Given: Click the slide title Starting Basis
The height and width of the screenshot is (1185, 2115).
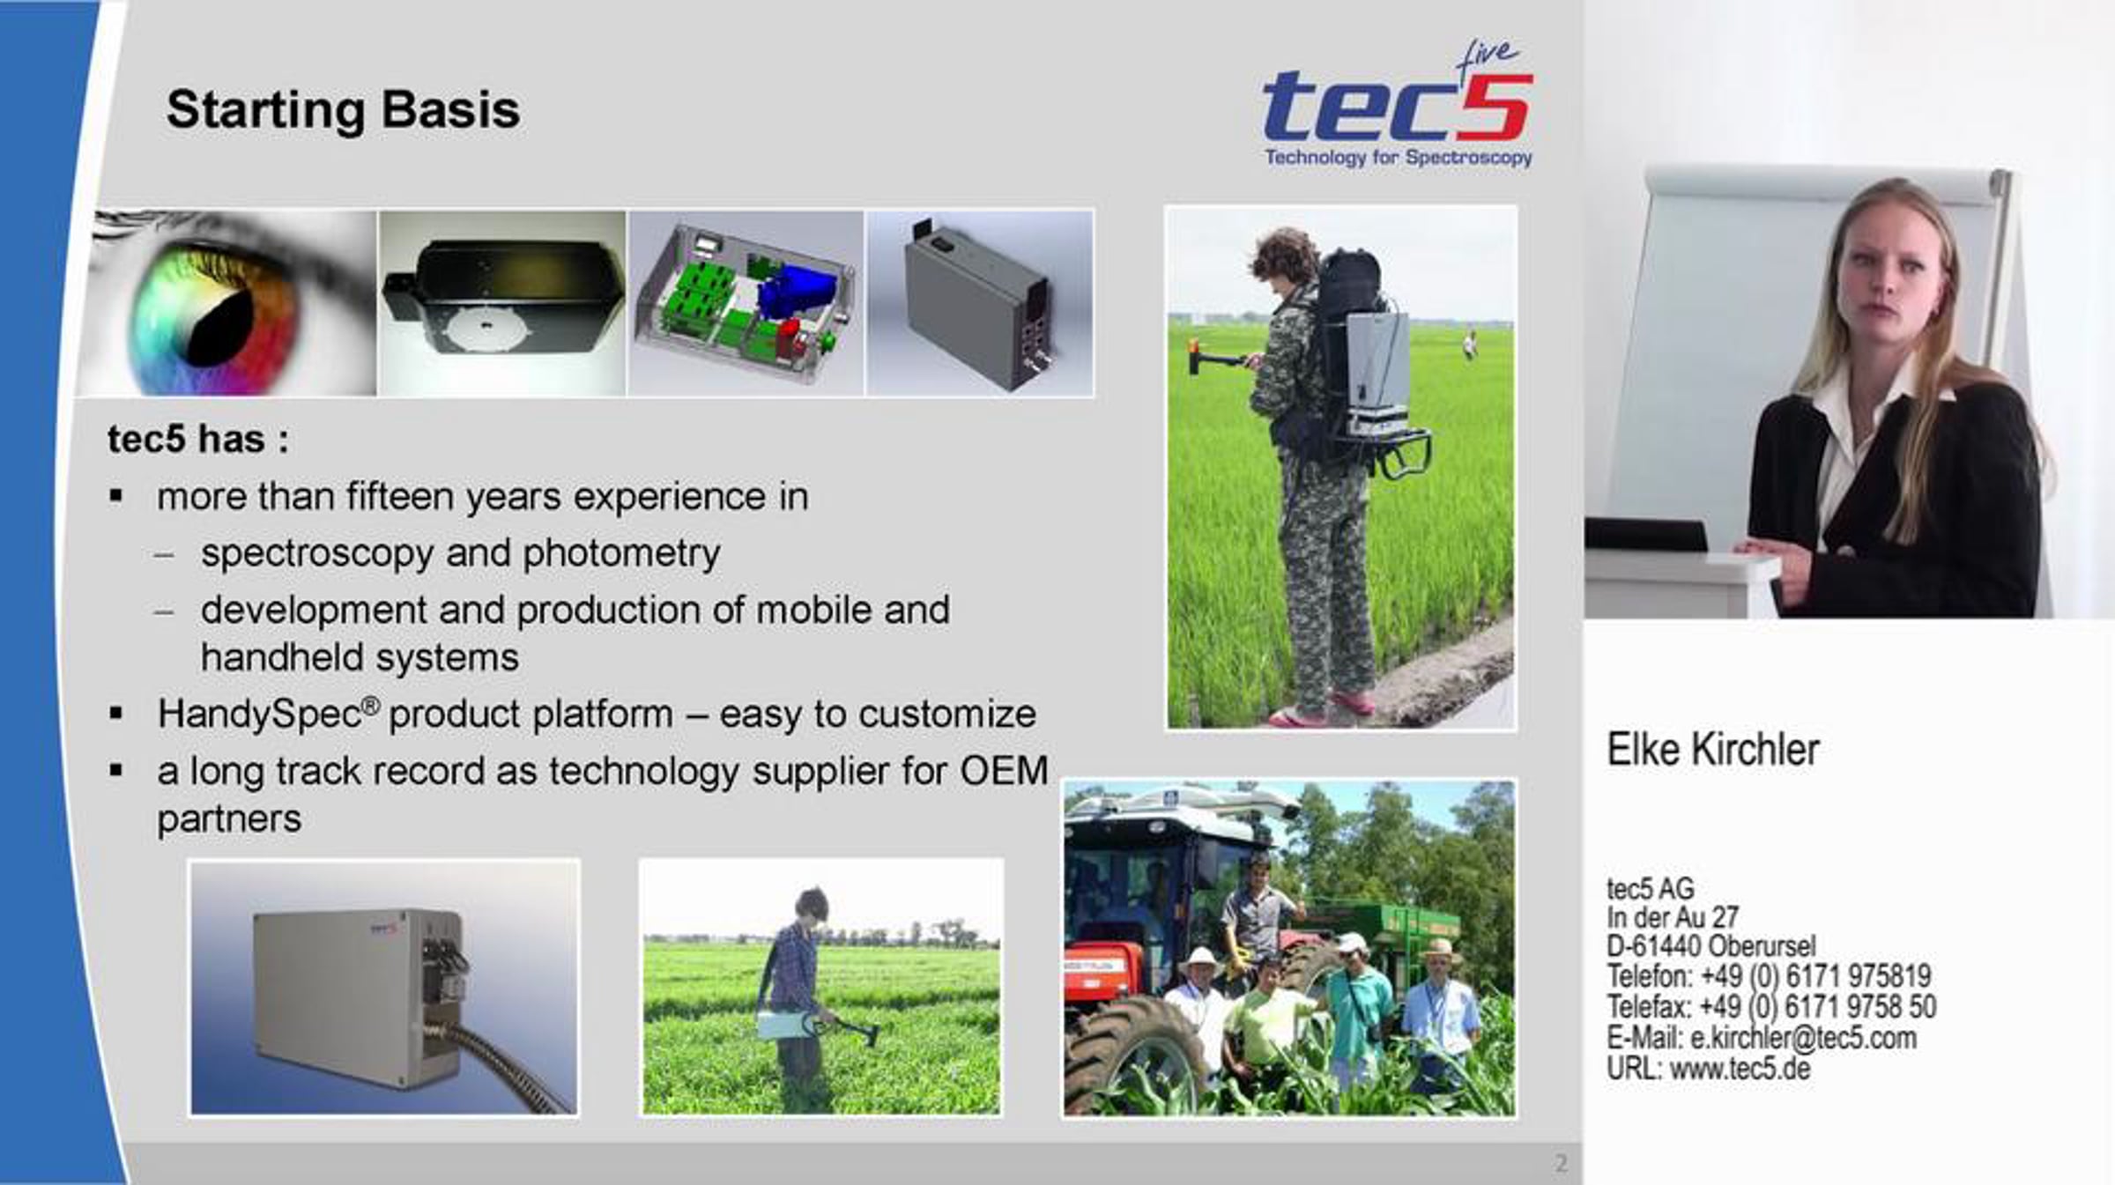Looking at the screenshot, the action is click(343, 111).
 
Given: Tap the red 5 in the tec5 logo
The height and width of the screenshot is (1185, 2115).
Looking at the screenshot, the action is click(1495, 107).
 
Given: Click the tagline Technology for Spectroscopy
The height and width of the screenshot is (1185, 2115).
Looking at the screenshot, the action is click(1399, 157).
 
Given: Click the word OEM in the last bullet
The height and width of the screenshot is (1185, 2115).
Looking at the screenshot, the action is click(1004, 771).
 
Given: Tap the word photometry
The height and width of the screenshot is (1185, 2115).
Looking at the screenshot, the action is click(621, 553).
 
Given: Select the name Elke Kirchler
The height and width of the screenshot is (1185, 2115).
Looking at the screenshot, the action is click(1713, 750).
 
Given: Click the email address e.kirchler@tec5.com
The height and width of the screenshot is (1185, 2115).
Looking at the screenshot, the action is click(1803, 1038).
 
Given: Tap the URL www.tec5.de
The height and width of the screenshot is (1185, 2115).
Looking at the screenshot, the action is click(1740, 1069).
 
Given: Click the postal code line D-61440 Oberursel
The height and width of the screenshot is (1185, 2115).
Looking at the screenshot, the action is click(1711, 946).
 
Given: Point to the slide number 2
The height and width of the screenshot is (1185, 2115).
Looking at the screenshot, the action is click(1561, 1164).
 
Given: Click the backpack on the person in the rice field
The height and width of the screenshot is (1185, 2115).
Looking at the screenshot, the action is click(1348, 308).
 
